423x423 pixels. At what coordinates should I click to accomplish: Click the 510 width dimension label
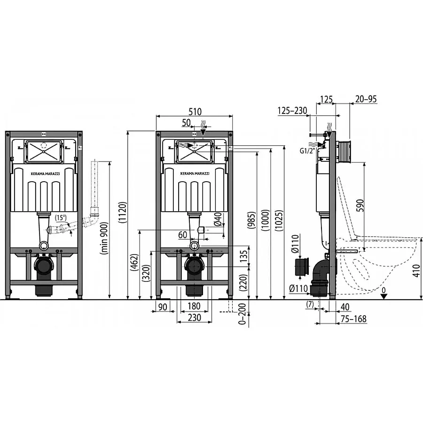(195, 112)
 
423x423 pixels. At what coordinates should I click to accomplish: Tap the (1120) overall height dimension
(122, 212)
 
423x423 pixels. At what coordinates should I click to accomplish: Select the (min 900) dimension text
(104, 238)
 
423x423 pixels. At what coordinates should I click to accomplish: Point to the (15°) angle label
(61, 217)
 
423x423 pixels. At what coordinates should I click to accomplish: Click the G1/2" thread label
(307, 151)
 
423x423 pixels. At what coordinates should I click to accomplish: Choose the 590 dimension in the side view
(360, 205)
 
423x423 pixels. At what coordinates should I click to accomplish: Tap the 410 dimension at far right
(416, 271)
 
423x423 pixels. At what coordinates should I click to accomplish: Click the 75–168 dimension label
(353, 319)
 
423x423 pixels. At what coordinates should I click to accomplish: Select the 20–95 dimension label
(366, 99)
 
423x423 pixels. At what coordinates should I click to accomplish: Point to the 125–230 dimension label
(292, 110)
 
